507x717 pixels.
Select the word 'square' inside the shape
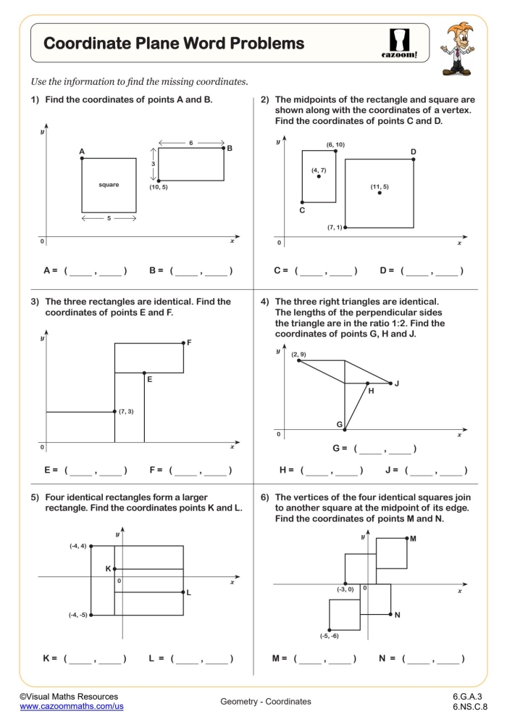[x=109, y=185]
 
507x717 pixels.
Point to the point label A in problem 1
[x=82, y=152]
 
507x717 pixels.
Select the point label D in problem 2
[x=414, y=152]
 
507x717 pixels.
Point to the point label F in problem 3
[x=189, y=342]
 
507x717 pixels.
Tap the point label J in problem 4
[x=397, y=383]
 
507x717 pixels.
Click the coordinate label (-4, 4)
[x=77, y=545]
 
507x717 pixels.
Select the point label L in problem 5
[x=188, y=593]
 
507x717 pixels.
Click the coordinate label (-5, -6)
[x=330, y=636]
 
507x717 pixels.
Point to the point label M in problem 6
[x=413, y=539]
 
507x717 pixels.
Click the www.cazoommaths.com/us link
[x=72, y=705]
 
